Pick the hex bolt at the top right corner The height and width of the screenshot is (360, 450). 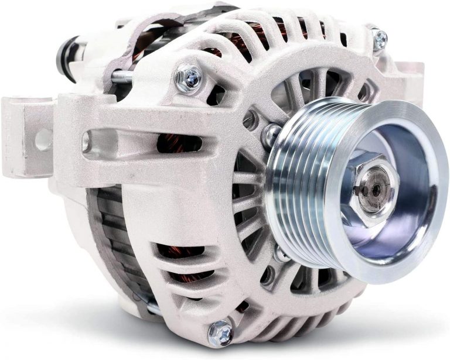[379, 39]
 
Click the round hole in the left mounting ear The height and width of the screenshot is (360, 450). [43, 139]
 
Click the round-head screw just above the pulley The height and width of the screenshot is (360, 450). [271, 134]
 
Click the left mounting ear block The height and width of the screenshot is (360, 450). [26, 138]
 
